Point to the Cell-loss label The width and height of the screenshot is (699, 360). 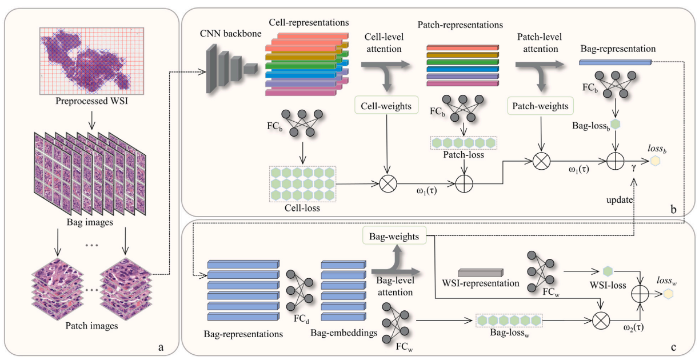tap(301, 209)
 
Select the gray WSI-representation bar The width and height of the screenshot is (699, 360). tap(481, 272)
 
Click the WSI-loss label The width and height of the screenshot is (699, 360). tap(606, 284)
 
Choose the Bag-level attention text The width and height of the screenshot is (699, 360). tap(394, 286)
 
